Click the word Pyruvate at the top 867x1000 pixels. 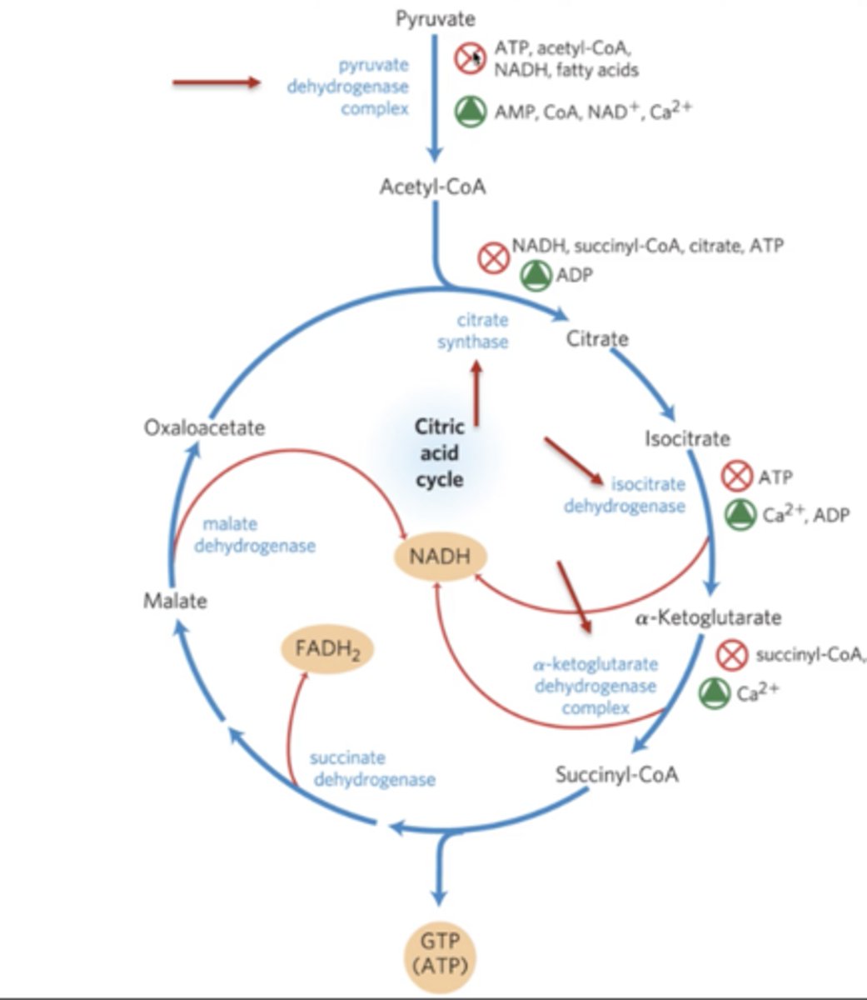(435, 18)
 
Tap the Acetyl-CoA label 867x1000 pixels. (432, 187)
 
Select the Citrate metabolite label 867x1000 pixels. (597, 339)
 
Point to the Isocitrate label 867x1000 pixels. (687, 438)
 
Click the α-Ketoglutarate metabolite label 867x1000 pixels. (708, 617)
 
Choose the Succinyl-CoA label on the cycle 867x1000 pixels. (617, 774)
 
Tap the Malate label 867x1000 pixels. (175, 601)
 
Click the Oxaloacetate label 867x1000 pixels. (204, 427)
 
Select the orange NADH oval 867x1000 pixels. (439, 555)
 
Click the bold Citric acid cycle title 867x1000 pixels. (439, 453)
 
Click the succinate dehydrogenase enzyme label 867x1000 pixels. (372, 769)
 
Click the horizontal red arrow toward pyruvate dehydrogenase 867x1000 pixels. (217, 82)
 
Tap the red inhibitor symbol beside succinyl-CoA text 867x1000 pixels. (732, 654)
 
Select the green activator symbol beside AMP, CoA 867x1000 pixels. (471, 112)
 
